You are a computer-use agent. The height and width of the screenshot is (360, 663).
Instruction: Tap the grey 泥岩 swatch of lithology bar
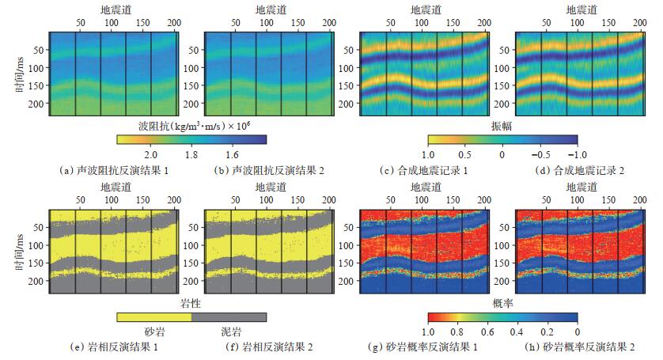[x=229, y=316]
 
